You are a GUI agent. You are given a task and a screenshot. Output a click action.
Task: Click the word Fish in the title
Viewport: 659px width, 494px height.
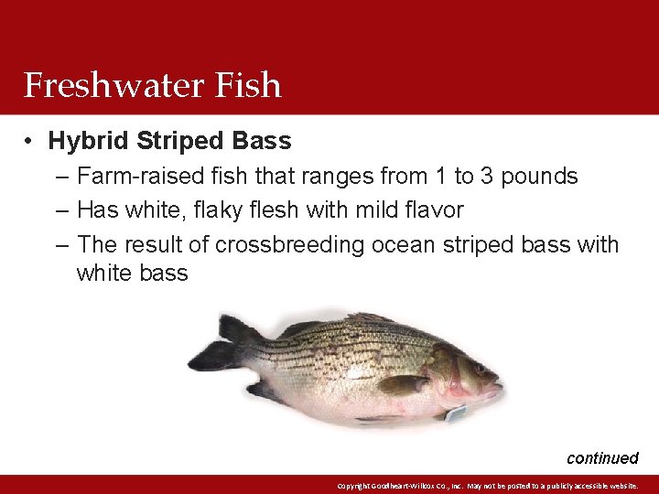point(248,85)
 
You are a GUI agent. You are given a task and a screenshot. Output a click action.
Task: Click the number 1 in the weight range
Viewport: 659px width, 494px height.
point(444,176)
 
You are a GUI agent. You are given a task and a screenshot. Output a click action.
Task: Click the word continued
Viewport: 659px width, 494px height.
point(602,457)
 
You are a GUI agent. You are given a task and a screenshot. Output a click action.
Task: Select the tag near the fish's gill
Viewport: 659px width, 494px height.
point(455,414)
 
